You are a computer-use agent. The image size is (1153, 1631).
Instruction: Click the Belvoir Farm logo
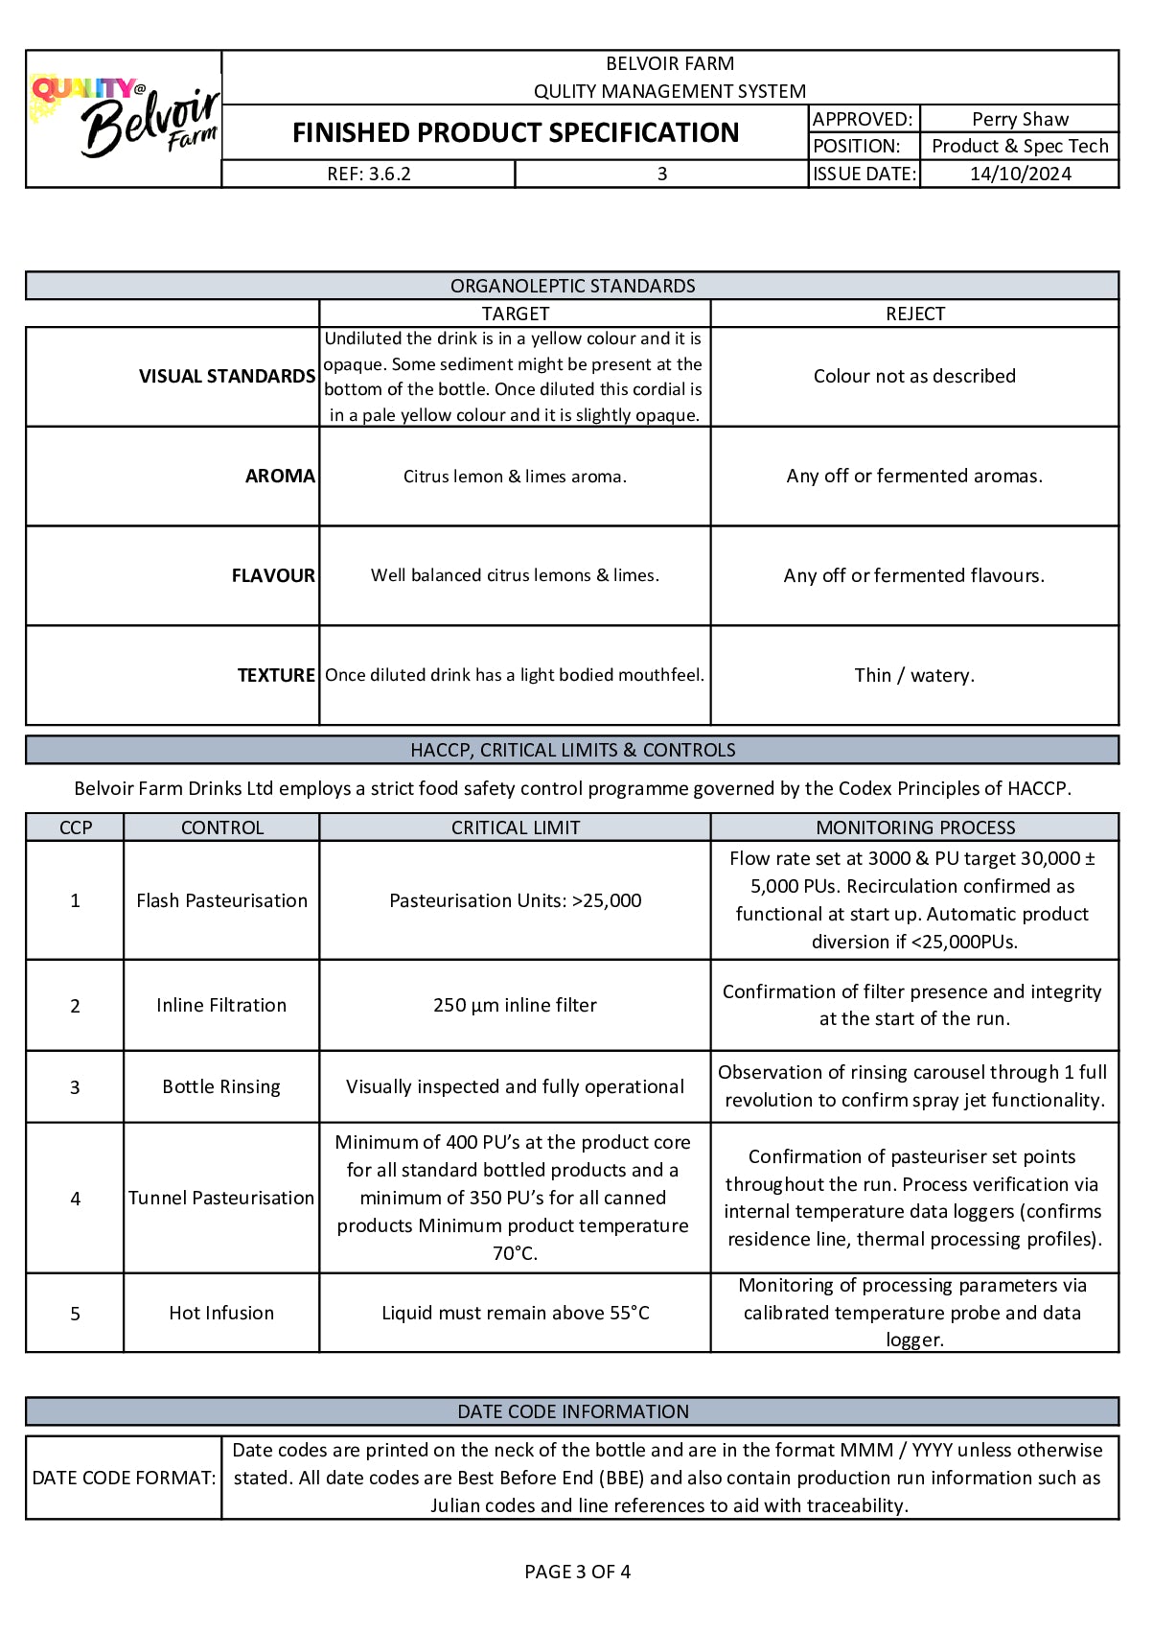click(x=125, y=118)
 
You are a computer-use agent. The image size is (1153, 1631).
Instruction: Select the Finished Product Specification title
click(x=516, y=132)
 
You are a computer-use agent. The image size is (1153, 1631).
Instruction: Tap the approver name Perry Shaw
click(x=1020, y=119)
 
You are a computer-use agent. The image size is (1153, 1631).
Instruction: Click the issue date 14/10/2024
click(x=1020, y=174)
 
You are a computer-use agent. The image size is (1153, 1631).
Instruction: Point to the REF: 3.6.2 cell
click(x=369, y=174)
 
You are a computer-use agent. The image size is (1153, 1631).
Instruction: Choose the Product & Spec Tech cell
click(x=1020, y=146)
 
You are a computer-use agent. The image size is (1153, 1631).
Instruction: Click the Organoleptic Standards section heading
click(x=572, y=286)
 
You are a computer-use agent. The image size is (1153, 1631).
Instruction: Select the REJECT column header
click(x=914, y=314)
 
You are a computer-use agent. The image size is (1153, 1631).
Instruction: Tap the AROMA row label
click(x=280, y=476)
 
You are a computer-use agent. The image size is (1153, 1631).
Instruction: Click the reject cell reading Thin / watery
click(x=914, y=675)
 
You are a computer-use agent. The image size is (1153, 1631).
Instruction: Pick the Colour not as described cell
click(x=914, y=376)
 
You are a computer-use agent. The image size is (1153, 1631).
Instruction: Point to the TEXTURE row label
click(x=276, y=675)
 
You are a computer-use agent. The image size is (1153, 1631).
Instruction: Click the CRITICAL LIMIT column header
click(x=516, y=827)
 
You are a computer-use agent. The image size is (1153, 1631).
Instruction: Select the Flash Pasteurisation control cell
click(x=221, y=900)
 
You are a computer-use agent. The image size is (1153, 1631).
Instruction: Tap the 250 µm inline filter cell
click(x=515, y=1005)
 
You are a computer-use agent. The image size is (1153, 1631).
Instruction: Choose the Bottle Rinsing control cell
click(x=221, y=1086)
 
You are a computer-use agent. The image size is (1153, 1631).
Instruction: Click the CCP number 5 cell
click(x=75, y=1313)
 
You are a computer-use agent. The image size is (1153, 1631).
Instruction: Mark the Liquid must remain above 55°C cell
click(x=515, y=1313)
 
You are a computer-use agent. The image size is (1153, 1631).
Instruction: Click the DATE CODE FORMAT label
click(x=124, y=1478)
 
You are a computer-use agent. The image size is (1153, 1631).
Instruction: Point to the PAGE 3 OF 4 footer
click(x=577, y=1572)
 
